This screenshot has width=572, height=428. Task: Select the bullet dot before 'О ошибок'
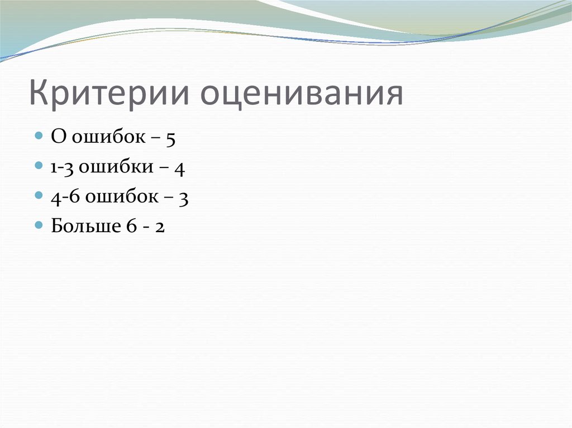tap(39, 136)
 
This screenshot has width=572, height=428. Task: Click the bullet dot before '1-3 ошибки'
tap(39, 166)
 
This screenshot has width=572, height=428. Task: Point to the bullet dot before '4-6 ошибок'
tap(39, 195)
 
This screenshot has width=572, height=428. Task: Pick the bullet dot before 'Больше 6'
tap(39, 225)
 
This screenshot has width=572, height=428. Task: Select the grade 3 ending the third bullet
tap(183, 199)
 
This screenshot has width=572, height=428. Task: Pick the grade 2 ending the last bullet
tap(159, 227)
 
